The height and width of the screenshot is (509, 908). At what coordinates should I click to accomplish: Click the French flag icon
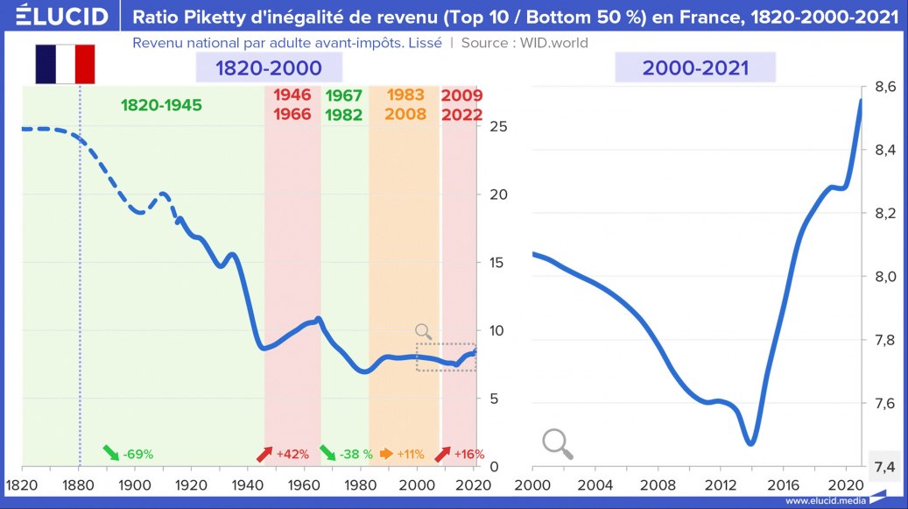pyautogui.click(x=65, y=64)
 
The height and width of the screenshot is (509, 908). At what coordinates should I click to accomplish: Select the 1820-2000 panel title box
pyautogui.click(x=269, y=67)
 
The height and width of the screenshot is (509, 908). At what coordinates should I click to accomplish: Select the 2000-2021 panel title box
pyautogui.click(x=695, y=67)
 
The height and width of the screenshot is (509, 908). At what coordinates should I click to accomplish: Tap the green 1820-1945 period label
pyautogui.click(x=161, y=105)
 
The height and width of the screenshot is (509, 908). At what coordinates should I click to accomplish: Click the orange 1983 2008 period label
pyautogui.click(x=405, y=104)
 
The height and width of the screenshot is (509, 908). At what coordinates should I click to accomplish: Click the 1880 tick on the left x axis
pyautogui.click(x=78, y=485)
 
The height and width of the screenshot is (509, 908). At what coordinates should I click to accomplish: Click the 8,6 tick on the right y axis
pyautogui.click(x=882, y=88)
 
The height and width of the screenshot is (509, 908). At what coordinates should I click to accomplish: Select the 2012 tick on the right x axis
pyautogui.click(x=721, y=485)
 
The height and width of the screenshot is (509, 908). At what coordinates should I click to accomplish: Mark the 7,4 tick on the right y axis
pyautogui.click(x=882, y=466)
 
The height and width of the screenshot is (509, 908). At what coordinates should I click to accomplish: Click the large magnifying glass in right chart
pyautogui.click(x=558, y=443)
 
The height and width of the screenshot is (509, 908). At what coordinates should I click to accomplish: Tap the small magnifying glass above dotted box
pyautogui.click(x=424, y=331)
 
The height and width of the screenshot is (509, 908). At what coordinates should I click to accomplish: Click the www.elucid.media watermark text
pyautogui.click(x=826, y=501)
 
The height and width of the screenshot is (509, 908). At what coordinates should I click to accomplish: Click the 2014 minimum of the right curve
pyautogui.click(x=750, y=443)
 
